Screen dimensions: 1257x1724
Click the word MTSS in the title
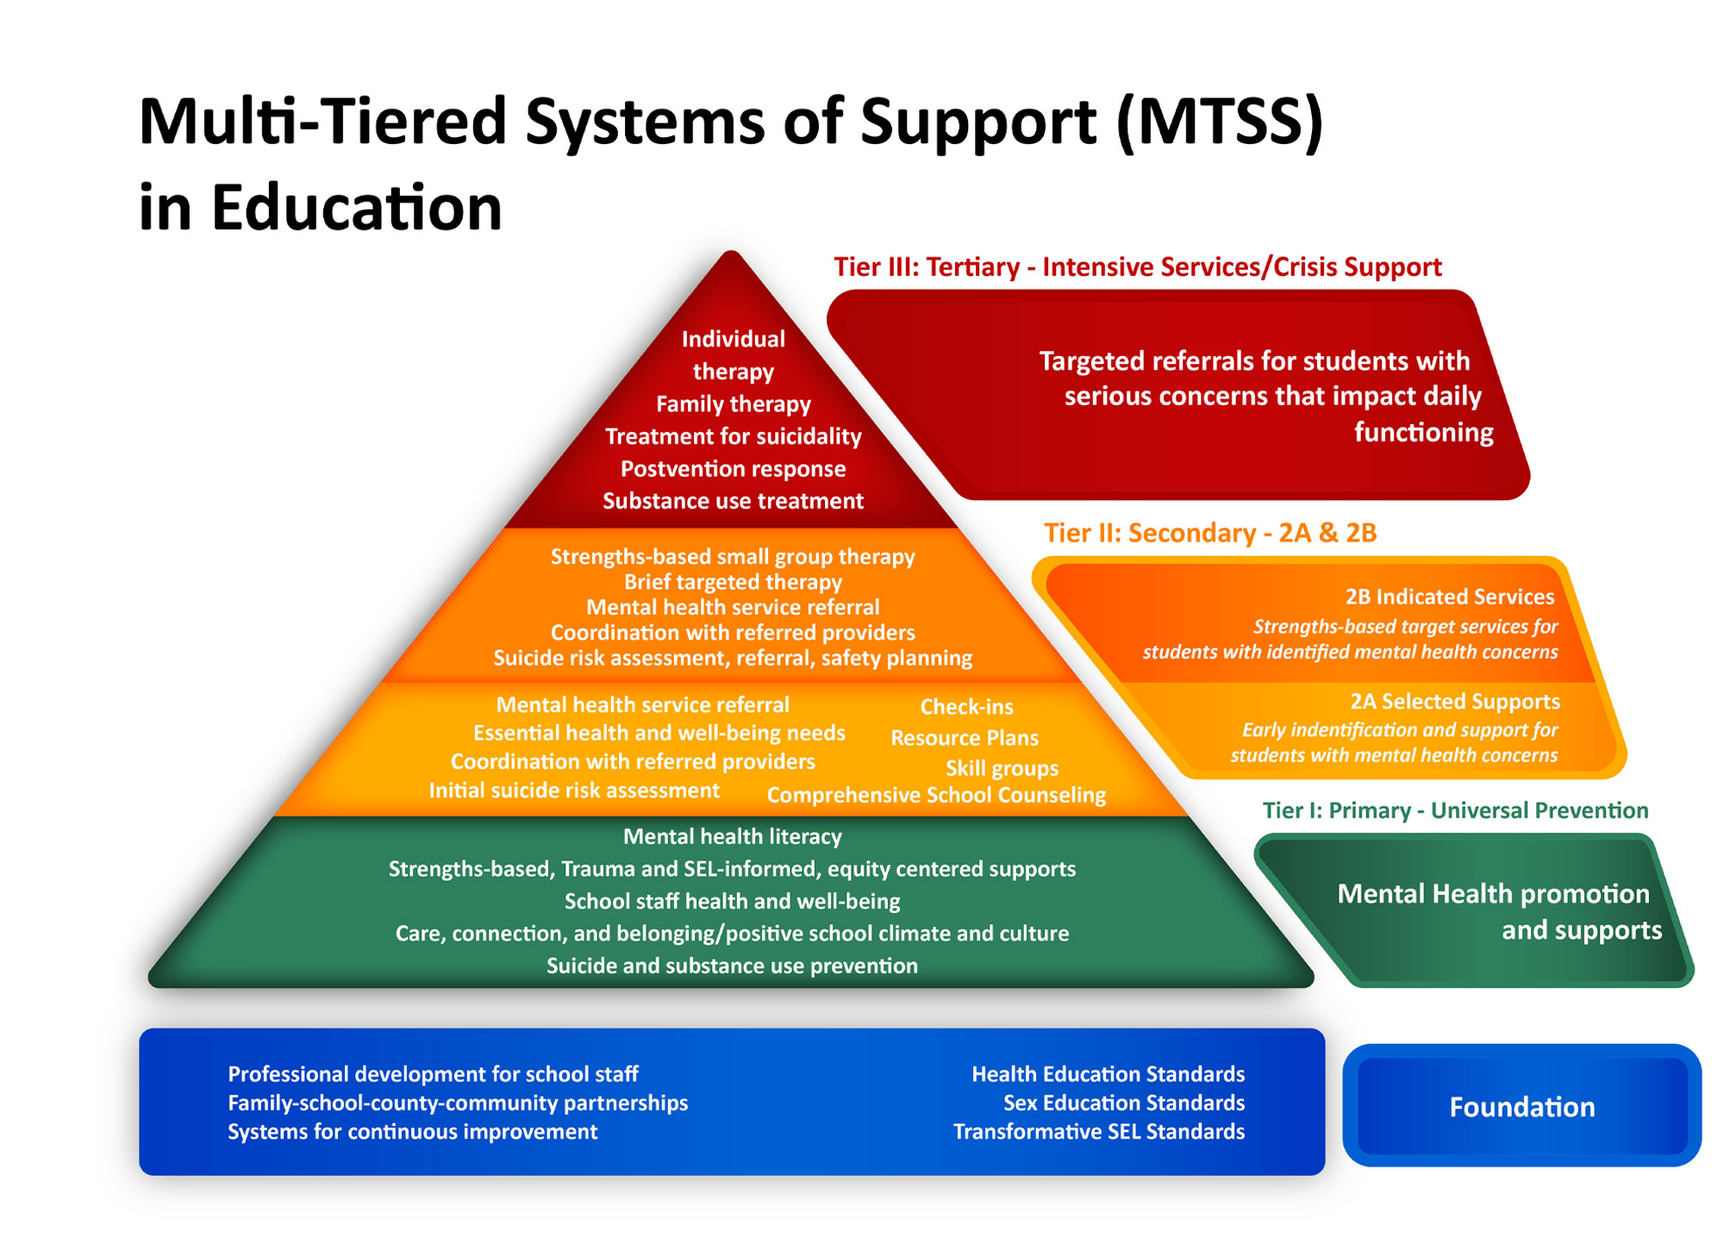click(1219, 122)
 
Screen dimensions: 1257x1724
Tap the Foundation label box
click(1521, 1107)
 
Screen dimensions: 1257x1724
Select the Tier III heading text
click(1137, 267)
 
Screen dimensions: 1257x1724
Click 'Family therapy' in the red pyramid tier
click(733, 404)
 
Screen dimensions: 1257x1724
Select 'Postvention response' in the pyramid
click(733, 469)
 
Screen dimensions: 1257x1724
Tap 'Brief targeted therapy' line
click(733, 582)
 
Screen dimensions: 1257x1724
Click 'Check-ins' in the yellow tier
click(966, 707)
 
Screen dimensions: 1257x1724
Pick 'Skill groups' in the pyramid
click(1002, 768)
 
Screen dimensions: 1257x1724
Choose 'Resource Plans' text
click(964, 738)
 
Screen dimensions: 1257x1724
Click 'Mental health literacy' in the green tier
click(732, 836)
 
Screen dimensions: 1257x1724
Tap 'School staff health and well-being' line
click(732, 901)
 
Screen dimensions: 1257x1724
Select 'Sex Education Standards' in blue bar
click(1123, 1103)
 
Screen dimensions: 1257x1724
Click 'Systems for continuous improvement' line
click(412, 1131)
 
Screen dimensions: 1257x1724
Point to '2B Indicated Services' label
click(1449, 597)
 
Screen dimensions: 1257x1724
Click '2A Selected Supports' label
click(1454, 702)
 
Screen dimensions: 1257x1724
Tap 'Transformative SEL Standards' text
click(1098, 1131)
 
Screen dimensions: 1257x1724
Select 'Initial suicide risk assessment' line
click(574, 791)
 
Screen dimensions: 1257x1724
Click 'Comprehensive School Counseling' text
click(936, 795)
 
